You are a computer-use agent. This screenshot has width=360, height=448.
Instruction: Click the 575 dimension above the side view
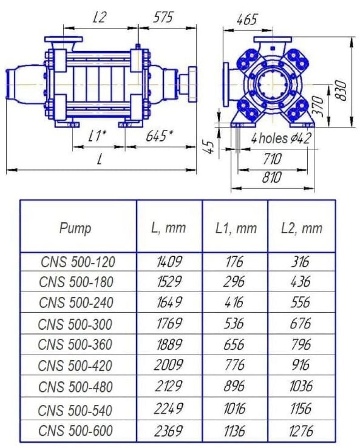click(163, 17)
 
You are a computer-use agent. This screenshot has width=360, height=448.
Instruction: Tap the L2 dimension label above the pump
click(100, 17)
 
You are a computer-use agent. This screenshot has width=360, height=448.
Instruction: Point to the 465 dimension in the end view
click(247, 20)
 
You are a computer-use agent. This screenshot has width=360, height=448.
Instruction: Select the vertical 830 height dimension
click(341, 90)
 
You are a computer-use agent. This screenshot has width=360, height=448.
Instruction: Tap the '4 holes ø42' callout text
click(281, 138)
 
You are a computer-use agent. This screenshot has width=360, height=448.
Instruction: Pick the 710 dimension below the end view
click(272, 159)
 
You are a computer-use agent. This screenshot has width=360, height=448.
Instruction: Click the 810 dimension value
click(272, 177)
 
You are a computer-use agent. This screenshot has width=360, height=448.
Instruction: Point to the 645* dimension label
click(160, 136)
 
